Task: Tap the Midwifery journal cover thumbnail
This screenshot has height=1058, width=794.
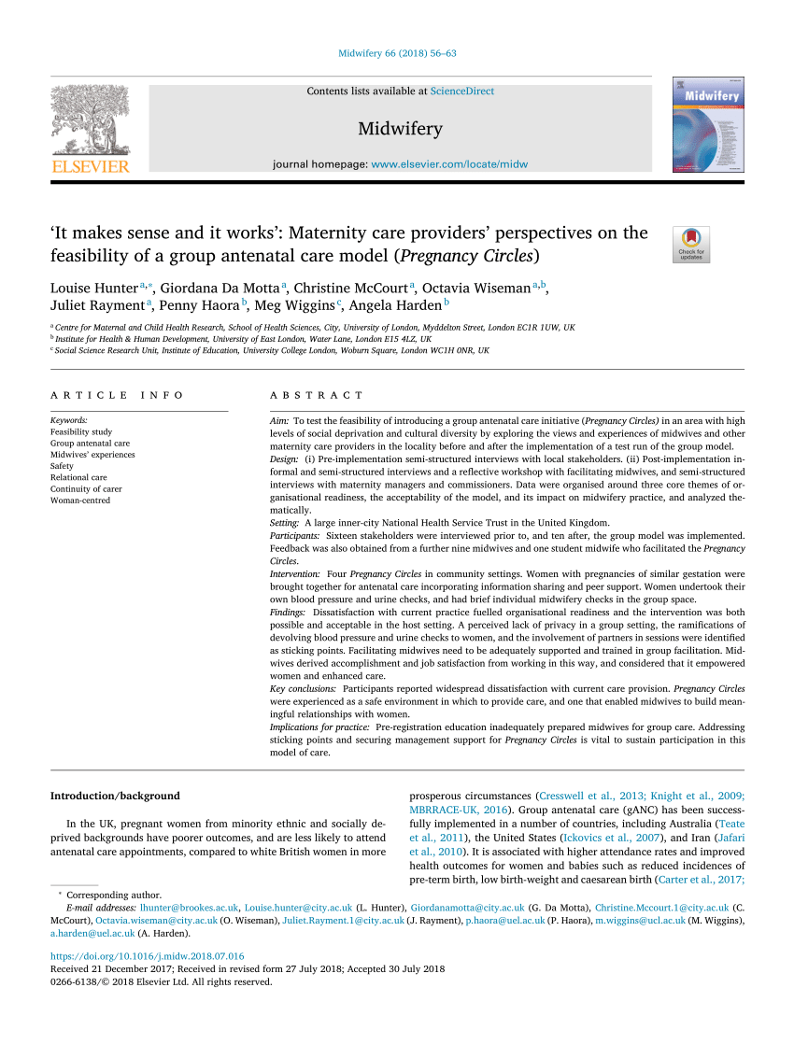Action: pyautogui.click(x=708, y=124)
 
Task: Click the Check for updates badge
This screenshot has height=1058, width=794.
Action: pyautogui.click(x=691, y=244)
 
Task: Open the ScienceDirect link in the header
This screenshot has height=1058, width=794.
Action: pyautogui.click(x=462, y=92)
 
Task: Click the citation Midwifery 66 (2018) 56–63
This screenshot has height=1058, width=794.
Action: pyautogui.click(x=397, y=53)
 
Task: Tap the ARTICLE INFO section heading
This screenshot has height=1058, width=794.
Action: pyautogui.click(x=118, y=396)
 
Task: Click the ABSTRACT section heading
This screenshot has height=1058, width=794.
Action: pyautogui.click(x=317, y=396)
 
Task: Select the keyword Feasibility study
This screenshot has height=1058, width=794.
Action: pyautogui.click(x=80, y=432)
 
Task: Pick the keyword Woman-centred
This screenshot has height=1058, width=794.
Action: pyautogui.click(x=80, y=501)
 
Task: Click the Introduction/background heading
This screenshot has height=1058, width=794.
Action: pyautogui.click(x=114, y=796)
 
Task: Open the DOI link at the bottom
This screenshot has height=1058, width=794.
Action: pyautogui.click(x=147, y=956)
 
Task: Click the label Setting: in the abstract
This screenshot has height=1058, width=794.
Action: pyautogui.click(x=285, y=523)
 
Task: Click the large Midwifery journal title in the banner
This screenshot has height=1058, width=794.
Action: pyautogui.click(x=400, y=129)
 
